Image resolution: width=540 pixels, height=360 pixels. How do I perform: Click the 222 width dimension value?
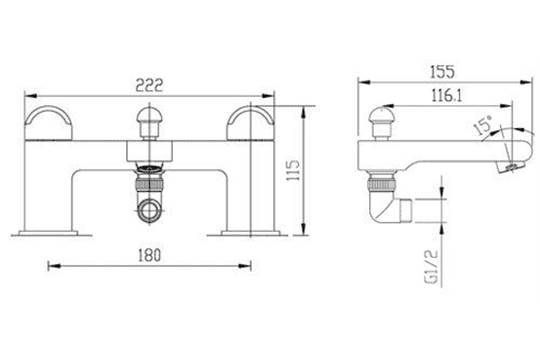pyautogui.click(x=149, y=85)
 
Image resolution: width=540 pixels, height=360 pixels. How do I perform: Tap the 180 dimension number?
pyautogui.click(x=149, y=255)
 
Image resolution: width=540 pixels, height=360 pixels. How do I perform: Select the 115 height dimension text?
pyautogui.click(x=293, y=170)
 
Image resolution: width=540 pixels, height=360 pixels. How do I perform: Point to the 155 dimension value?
pyautogui.click(x=442, y=72)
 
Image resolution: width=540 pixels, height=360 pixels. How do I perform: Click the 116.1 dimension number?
pyautogui.click(x=447, y=95)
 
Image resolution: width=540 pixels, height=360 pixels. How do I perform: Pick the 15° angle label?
pyautogui.click(x=483, y=125)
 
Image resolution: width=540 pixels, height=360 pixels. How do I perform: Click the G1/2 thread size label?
pyautogui.click(x=432, y=266)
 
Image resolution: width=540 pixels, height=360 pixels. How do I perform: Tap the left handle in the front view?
pyautogui.click(x=48, y=123)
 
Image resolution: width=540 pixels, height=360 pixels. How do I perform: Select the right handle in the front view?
pyautogui.click(x=250, y=123)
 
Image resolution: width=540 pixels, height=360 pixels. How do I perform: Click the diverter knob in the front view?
pyautogui.click(x=149, y=123)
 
